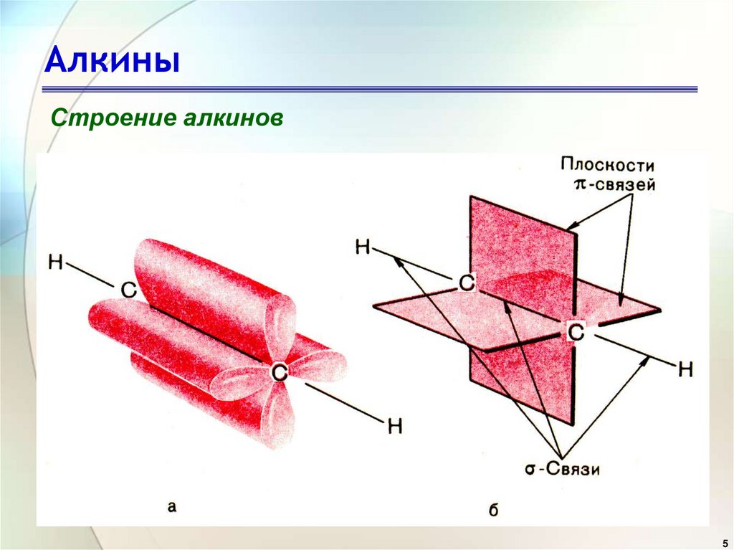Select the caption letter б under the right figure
click(x=492, y=510)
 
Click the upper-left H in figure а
click(x=56, y=261)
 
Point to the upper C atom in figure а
click(x=128, y=289)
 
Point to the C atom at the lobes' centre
click(x=279, y=371)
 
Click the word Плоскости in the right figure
click(x=608, y=164)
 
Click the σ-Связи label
click(x=561, y=470)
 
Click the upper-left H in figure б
click(x=363, y=247)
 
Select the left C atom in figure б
click(x=467, y=283)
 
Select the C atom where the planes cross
click(x=576, y=330)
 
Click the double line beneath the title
click(x=369, y=90)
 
